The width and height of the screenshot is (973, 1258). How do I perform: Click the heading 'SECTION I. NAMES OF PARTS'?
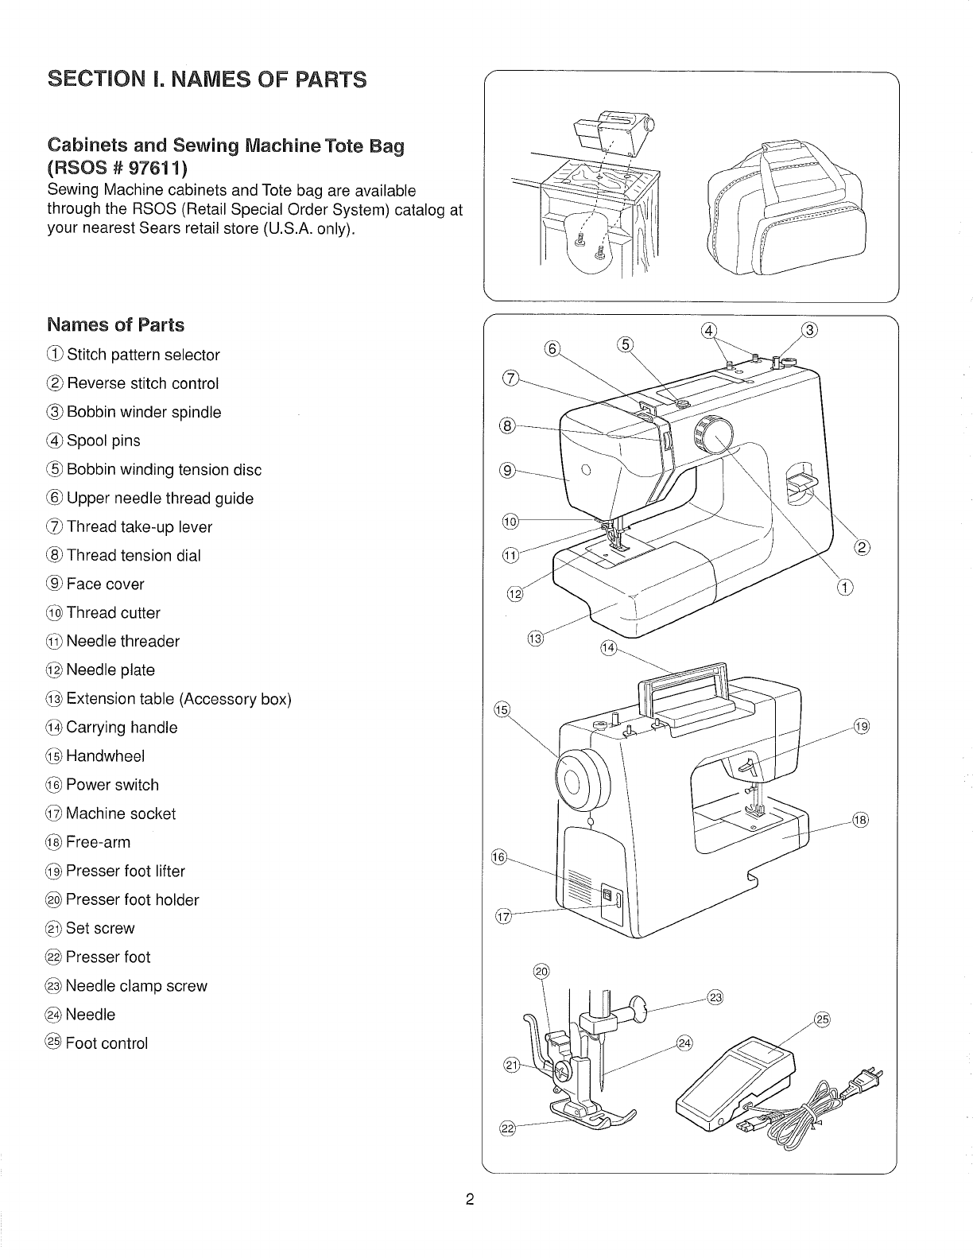coord(207,80)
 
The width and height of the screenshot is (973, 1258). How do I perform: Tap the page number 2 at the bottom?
coord(470,1200)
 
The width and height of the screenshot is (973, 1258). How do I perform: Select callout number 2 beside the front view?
coord(862,547)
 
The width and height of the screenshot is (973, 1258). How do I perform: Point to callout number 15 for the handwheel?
coord(502,709)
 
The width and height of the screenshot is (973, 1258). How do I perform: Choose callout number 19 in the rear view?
coord(862,725)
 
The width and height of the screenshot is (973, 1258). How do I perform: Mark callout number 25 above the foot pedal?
coord(822,1020)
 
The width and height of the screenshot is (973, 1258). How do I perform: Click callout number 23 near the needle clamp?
coord(714,999)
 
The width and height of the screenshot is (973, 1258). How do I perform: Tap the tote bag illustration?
coord(783,212)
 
